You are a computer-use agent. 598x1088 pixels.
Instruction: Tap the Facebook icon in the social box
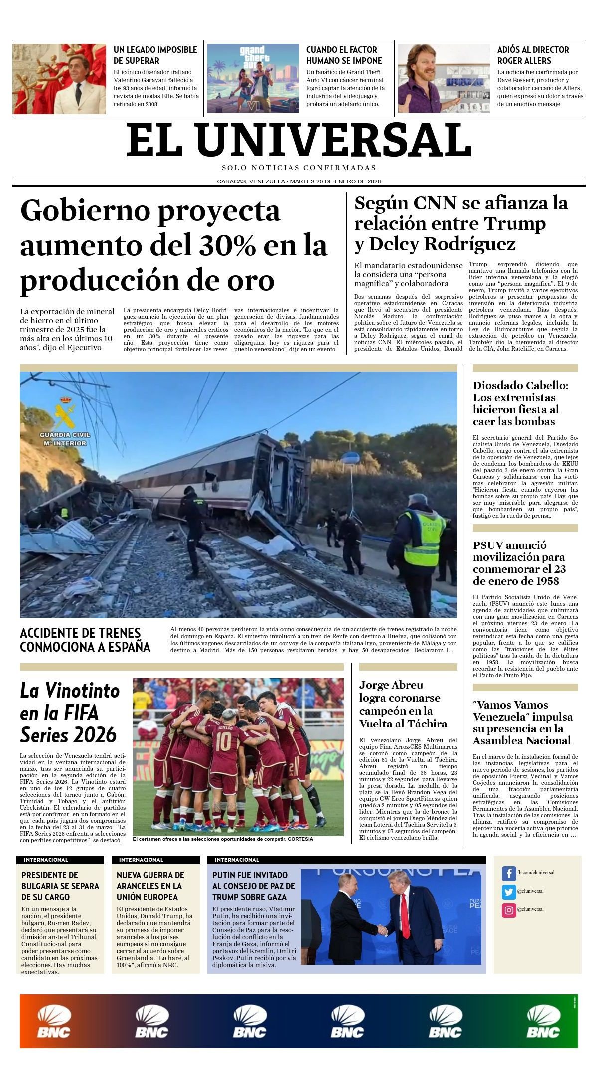tap(509, 873)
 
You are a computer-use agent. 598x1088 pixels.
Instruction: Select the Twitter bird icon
tap(509, 891)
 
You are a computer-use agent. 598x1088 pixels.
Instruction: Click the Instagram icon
tap(509, 910)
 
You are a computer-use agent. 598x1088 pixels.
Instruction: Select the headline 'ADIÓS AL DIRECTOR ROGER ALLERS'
tap(533, 55)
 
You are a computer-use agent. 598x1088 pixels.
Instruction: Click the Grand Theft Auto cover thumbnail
tap(253, 78)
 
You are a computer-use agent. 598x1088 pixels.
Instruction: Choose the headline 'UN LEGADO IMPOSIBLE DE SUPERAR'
tap(155, 55)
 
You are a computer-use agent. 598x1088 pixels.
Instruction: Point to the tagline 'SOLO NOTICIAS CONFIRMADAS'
tap(299, 168)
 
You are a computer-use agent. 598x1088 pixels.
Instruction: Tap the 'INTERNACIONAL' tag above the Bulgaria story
tap(46, 860)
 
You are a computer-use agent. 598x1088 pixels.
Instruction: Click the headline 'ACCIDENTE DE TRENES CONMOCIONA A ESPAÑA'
tap(85, 640)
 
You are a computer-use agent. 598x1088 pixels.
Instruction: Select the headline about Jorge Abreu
tap(403, 704)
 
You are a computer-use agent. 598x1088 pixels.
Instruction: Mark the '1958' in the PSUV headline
tap(545, 581)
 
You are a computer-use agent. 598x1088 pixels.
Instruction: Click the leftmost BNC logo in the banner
tap(54, 1022)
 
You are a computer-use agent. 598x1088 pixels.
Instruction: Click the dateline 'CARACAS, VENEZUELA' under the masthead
tap(251, 181)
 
